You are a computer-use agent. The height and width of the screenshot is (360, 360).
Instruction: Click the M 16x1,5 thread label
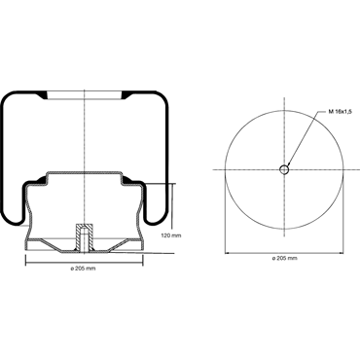[x=340, y=112]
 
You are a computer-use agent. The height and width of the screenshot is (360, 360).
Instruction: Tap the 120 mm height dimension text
[x=171, y=235]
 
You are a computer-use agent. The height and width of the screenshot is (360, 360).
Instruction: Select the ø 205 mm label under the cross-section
[x=84, y=269]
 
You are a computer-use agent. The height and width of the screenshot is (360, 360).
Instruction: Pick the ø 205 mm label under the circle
[x=284, y=258]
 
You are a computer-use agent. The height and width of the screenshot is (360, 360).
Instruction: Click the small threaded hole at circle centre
[x=284, y=169]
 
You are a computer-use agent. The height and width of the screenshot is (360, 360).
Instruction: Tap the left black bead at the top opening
[x=43, y=95]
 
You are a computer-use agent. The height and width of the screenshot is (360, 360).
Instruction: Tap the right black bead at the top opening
[x=126, y=95]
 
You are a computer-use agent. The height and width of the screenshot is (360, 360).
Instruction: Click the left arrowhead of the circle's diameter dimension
[x=227, y=253]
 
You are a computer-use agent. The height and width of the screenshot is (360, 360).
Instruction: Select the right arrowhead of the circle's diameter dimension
[x=342, y=253]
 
